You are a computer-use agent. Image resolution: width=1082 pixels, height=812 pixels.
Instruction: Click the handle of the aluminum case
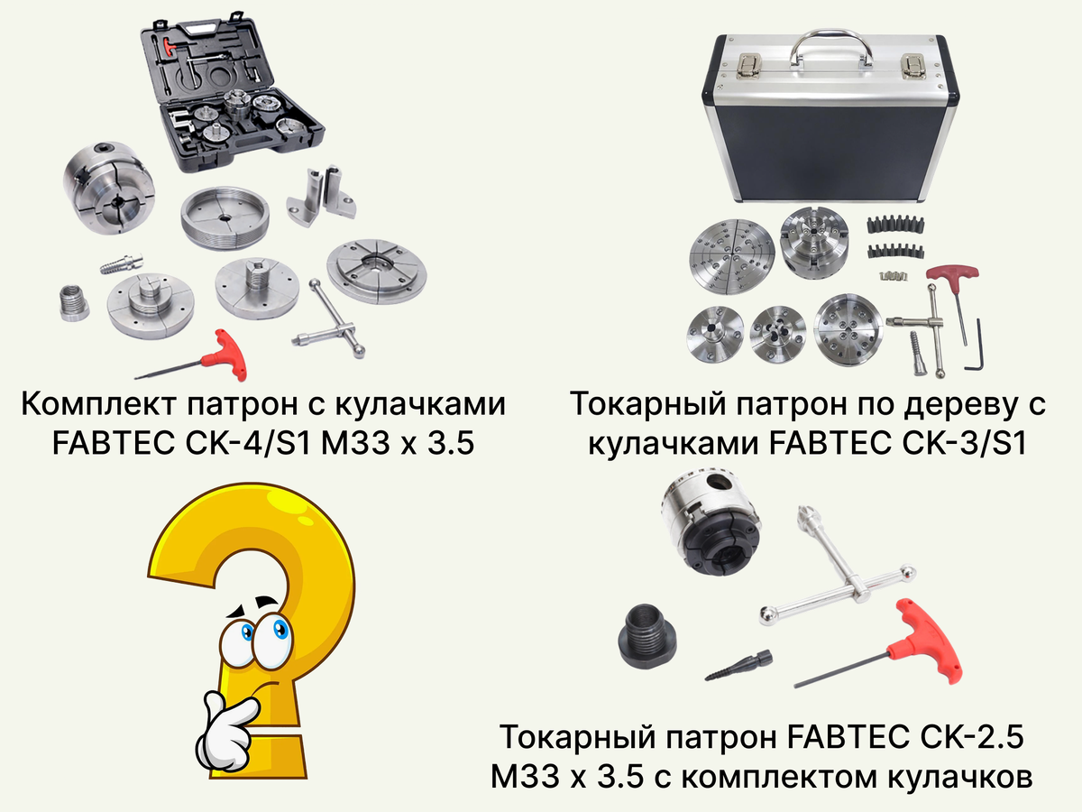coord(830,35)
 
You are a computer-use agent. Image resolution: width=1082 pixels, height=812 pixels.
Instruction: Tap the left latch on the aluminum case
coord(748,66)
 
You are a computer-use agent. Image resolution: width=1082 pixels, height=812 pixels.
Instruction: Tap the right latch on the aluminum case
coord(914,66)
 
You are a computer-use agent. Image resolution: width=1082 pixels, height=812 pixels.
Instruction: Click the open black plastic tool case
coord(232,94)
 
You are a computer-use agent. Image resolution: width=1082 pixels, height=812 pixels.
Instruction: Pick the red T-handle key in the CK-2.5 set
coord(922,641)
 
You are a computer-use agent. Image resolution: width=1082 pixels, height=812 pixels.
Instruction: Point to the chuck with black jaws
coord(711,525)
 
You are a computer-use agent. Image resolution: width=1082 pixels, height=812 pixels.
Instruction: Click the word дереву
coord(955,405)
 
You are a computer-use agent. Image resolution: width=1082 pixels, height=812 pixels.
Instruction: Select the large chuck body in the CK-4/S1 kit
coord(109,189)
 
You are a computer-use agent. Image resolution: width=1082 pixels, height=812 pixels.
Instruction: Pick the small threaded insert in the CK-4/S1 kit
coord(74,303)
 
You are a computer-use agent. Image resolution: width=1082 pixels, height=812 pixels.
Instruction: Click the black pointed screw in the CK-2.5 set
coord(739,666)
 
